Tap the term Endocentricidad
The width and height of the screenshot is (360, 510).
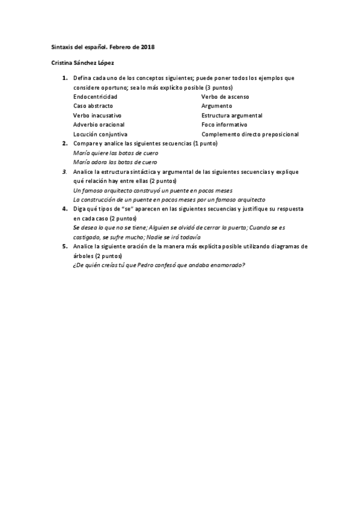pyautogui.click(x=95, y=96)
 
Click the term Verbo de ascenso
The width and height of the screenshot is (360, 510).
pyautogui.click(x=225, y=96)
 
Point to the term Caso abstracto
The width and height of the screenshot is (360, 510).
pyautogui.click(x=93, y=106)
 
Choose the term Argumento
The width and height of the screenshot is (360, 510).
pyautogui.click(x=216, y=106)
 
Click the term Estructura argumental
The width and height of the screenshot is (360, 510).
pyautogui.click(x=232, y=115)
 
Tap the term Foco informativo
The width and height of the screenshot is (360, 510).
pyautogui.click(x=225, y=124)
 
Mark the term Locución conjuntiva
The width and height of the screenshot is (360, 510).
pyautogui.click(x=100, y=134)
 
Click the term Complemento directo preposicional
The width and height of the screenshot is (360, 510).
pyautogui.click(x=250, y=134)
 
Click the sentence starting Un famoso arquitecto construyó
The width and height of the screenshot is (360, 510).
pyautogui.click(x=153, y=190)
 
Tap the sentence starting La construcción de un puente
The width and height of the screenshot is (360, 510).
pyautogui.click(x=169, y=200)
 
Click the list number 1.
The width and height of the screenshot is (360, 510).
pyautogui.click(x=65, y=78)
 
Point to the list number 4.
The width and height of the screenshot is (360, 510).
pyautogui.click(x=65, y=209)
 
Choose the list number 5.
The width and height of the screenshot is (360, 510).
pyautogui.click(x=65, y=247)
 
